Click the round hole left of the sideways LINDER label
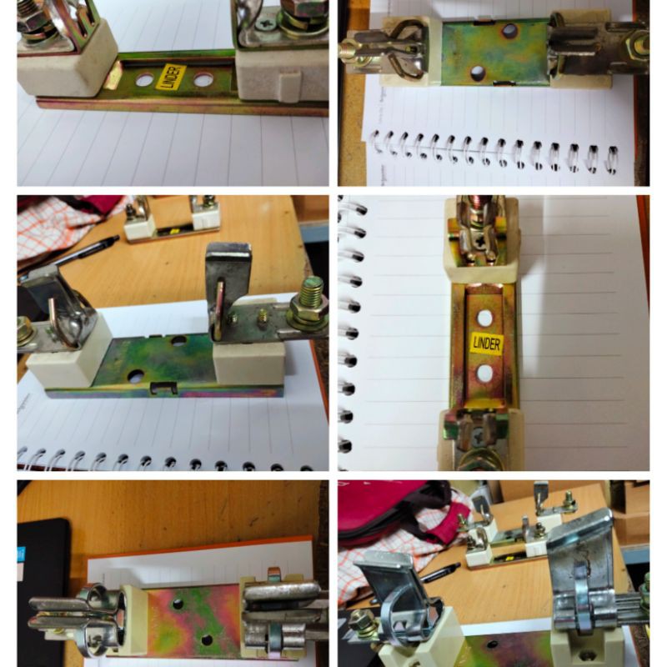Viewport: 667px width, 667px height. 143,81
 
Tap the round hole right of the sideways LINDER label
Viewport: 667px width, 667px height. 203,81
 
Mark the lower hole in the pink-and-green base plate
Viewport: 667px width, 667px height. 207,640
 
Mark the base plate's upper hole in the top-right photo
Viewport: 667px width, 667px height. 509,32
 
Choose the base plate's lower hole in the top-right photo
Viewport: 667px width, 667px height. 478,73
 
